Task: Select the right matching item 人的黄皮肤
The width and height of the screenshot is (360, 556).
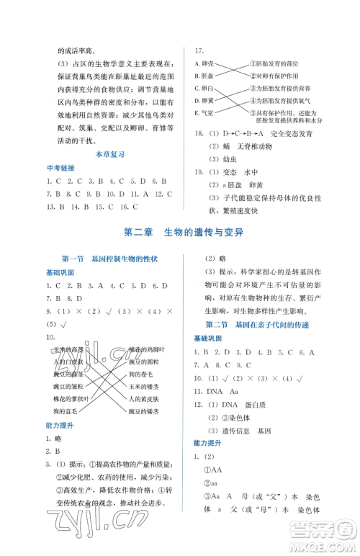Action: [148, 398]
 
